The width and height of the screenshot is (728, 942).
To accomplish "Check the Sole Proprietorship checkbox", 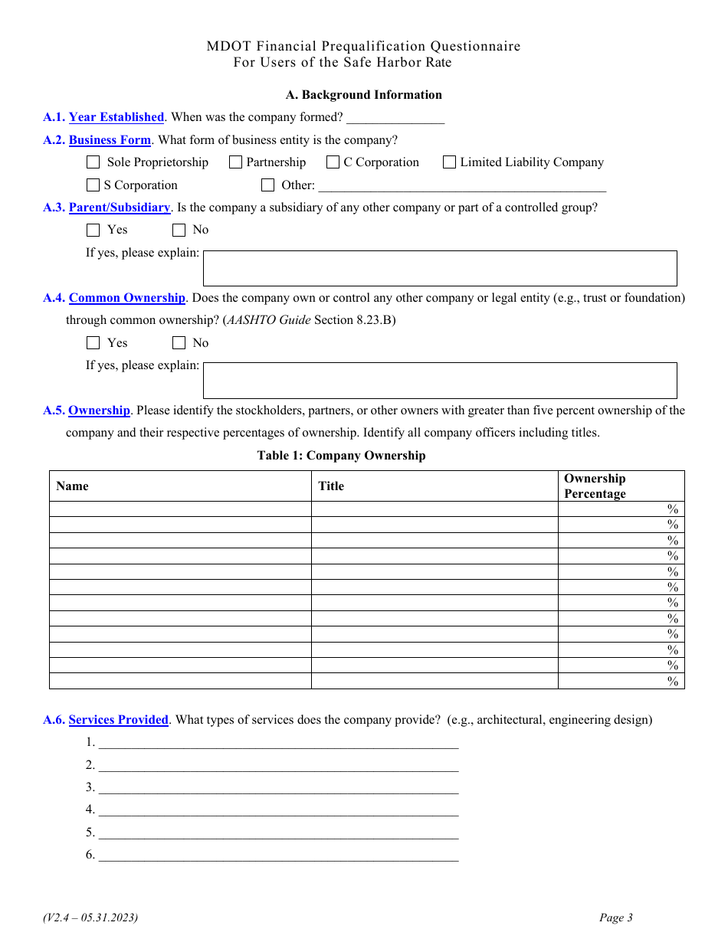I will [93, 162].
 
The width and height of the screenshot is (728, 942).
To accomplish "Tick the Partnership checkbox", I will [235, 162].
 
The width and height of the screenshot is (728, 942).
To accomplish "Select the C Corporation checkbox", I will [333, 162].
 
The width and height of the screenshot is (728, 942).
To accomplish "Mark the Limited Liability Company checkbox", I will [449, 162].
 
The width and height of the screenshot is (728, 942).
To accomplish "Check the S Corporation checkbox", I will [93, 185].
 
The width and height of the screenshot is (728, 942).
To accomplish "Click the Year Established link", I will [116, 117].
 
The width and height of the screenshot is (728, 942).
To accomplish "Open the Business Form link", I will [110, 140].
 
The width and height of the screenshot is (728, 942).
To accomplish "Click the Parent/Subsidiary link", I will [120, 208].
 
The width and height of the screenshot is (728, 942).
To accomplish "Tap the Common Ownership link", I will [127, 298].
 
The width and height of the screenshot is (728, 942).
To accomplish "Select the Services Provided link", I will [119, 720].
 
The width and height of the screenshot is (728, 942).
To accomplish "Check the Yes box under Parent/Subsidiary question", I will [93, 230].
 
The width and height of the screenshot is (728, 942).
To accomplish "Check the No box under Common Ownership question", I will [179, 343].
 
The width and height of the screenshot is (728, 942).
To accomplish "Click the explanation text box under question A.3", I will [439, 268].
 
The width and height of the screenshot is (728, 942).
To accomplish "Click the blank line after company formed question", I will [395, 118].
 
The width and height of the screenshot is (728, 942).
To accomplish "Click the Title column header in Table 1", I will [332, 486].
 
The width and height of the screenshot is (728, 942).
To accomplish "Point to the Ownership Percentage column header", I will [595, 486].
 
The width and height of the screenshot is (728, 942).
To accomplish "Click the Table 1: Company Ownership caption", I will [341, 456].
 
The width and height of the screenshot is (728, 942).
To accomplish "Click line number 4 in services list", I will [277, 810].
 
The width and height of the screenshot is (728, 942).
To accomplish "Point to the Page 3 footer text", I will [616, 917].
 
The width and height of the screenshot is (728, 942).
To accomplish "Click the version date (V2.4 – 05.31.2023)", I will [90, 917].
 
